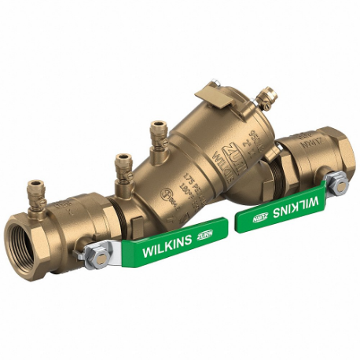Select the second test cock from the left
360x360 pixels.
123,167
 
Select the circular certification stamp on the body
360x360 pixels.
166,194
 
